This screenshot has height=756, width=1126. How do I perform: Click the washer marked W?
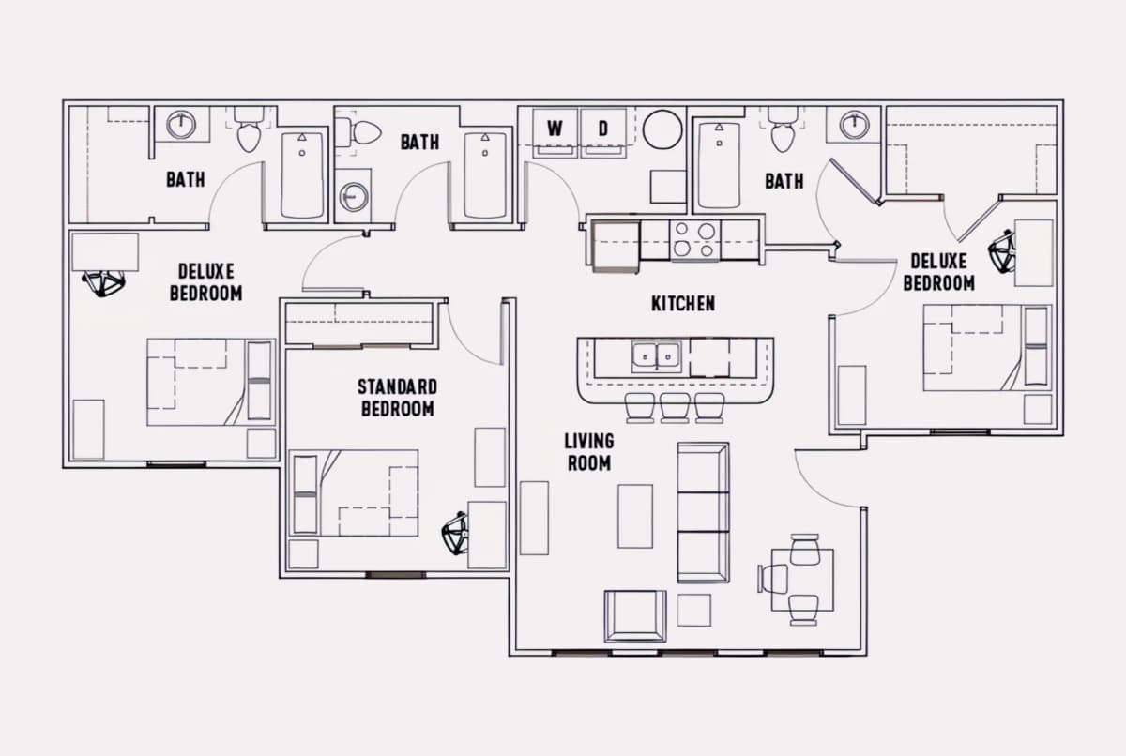[x=555, y=132]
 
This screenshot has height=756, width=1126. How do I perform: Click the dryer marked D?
[x=603, y=132]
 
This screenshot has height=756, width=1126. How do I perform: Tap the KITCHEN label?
[x=683, y=303]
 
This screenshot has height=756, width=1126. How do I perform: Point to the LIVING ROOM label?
[x=589, y=451]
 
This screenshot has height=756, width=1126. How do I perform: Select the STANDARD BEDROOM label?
[x=397, y=398]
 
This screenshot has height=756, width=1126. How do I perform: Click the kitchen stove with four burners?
[x=694, y=241]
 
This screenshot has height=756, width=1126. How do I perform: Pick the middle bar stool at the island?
[x=675, y=407]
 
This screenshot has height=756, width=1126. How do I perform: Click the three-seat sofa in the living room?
[x=703, y=512]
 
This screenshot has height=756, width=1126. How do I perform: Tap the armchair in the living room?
[x=635, y=616]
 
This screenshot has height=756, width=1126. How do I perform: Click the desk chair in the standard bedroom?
[x=455, y=533]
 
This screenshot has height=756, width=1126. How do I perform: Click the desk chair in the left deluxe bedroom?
[x=104, y=284]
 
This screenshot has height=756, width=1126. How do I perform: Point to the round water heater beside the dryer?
[x=662, y=129]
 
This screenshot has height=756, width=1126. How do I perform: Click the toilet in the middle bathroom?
[x=358, y=132]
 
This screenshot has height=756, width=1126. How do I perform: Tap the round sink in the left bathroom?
[x=181, y=125]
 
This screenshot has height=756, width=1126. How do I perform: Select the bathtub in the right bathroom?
[x=720, y=165]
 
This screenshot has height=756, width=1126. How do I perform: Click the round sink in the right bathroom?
[x=855, y=125]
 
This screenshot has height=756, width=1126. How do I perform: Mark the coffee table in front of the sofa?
[x=635, y=516]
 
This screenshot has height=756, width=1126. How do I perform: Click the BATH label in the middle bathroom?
[x=419, y=143]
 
